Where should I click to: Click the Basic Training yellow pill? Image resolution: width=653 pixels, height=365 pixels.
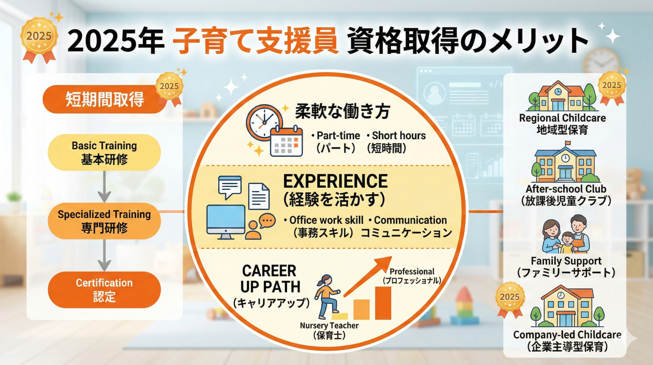[104, 152]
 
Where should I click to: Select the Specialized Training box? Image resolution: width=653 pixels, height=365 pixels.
[104, 221]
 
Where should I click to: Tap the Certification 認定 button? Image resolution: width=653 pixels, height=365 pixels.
[104, 290]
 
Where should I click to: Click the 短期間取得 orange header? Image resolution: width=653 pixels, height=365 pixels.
[105, 99]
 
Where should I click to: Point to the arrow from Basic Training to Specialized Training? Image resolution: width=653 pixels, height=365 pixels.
[104, 187]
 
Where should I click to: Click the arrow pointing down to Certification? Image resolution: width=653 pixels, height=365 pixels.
[104, 255]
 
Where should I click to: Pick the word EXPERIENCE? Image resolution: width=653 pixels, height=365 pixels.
[335, 181]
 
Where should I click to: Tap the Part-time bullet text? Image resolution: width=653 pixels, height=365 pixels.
[336, 136]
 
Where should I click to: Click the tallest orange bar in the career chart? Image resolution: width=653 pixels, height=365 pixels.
[383, 303]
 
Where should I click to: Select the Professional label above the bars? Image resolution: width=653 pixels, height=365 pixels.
[412, 271]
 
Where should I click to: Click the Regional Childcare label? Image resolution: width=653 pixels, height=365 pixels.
[562, 118]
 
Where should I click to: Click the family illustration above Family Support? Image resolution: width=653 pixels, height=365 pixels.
[566, 234]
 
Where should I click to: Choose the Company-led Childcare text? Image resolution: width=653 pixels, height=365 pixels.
[567, 335]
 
